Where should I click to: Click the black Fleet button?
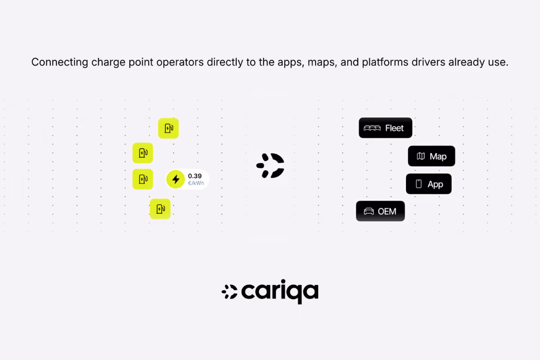click(x=385, y=128)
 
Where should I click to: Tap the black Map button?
click(x=431, y=156)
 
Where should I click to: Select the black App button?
click(x=428, y=184)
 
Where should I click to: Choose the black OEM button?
click(x=380, y=211)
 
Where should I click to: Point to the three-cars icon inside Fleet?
click(x=372, y=128)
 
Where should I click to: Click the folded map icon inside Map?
click(x=421, y=156)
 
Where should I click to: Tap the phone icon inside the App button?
click(x=419, y=184)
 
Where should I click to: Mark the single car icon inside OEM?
click(x=369, y=211)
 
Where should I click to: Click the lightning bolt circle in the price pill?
click(x=175, y=179)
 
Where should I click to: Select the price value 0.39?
click(x=195, y=176)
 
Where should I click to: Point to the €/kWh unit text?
click(x=196, y=183)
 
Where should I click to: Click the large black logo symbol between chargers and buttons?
click(x=270, y=166)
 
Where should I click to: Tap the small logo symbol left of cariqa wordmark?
click(x=229, y=292)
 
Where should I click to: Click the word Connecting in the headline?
click(x=60, y=62)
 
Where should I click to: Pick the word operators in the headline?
click(x=180, y=62)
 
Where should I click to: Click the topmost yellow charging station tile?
click(x=168, y=128)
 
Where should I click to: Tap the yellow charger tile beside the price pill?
click(x=143, y=179)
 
